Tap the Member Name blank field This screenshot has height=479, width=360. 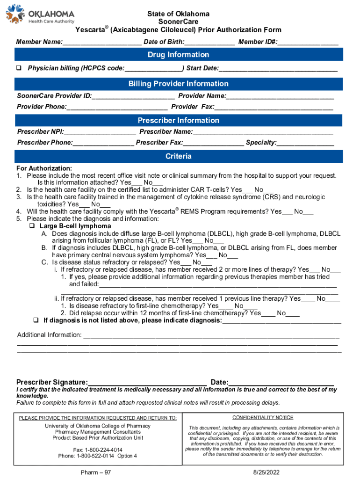pyautogui.click(x=102, y=42)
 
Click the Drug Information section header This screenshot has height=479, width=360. pyautogui.click(x=179, y=55)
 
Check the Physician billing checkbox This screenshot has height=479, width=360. pyautogui.click(x=20, y=68)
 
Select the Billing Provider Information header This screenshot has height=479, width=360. pyautogui.click(x=179, y=84)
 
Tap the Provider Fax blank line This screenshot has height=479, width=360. pyautogui.click(x=274, y=107)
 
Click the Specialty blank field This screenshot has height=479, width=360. pyautogui.click(x=305, y=143)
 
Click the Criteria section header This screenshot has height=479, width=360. pyautogui.click(x=179, y=156)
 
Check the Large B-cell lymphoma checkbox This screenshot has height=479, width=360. pyautogui.click(x=33, y=226)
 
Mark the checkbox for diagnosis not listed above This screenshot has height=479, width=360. pyautogui.click(x=36, y=320)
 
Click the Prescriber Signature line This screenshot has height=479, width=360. pyautogui.click(x=147, y=382)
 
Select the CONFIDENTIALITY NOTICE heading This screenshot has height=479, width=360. pyautogui.click(x=263, y=418)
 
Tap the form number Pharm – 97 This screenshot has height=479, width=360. pyautogui.click(x=96, y=472)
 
